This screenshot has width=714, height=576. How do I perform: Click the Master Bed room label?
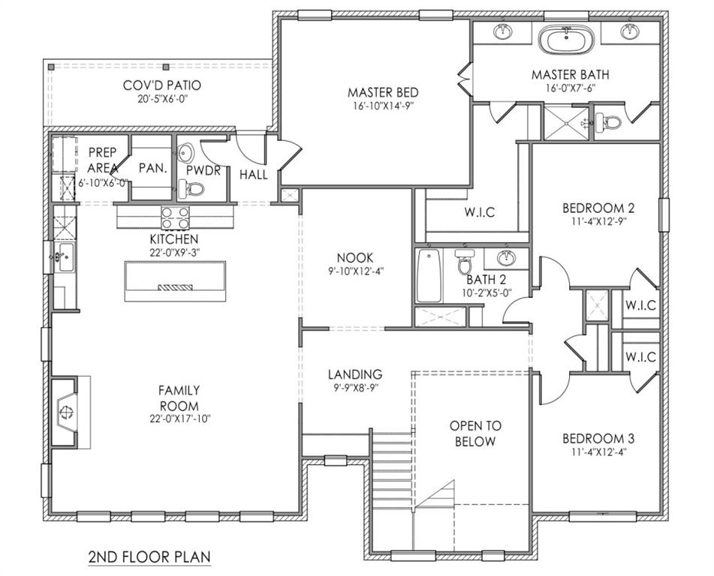pos(382,92)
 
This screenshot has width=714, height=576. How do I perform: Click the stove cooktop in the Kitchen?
pos(176,217)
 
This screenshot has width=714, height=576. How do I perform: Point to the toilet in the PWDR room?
pos(194,188)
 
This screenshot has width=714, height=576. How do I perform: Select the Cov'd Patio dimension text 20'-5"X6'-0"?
pos(162,99)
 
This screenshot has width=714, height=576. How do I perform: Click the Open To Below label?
pos(475,433)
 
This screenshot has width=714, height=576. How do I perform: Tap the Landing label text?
pos(354,374)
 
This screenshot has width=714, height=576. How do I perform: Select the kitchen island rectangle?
pos(175,280)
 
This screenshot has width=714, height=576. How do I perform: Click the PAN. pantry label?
pos(152,169)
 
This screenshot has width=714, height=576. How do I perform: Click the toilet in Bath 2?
pos(465,264)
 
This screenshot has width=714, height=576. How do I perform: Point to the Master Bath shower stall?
pos(564,123)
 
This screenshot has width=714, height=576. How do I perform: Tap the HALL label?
pos(253,175)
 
